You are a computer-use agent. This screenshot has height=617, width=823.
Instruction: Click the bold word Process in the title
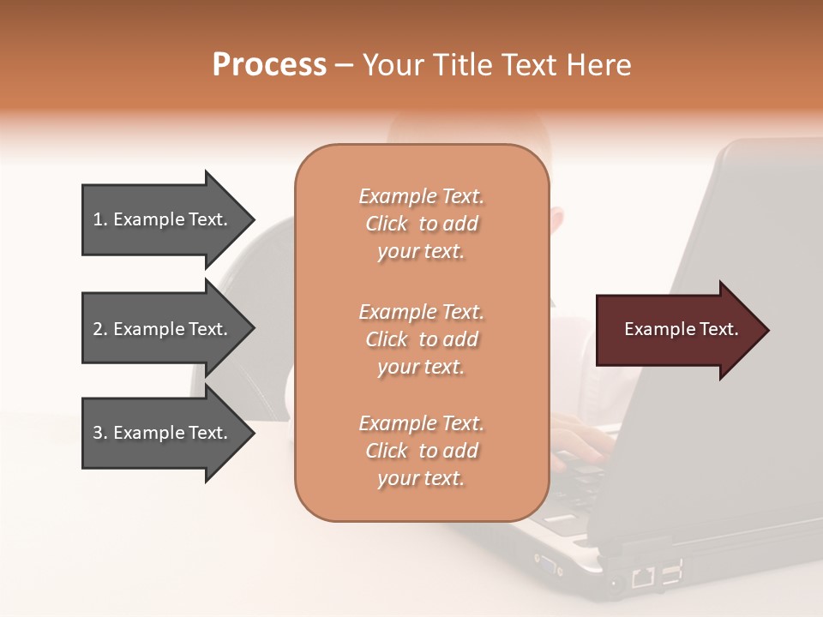(x=269, y=65)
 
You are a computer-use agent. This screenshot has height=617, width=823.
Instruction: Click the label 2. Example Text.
(x=160, y=329)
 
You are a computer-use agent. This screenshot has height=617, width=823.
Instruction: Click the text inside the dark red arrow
(x=681, y=329)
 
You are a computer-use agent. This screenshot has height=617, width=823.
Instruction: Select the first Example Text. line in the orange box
(x=421, y=196)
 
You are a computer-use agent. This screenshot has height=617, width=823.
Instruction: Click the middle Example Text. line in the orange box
(x=421, y=312)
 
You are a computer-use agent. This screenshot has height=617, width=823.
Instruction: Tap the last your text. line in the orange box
(x=421, y=478)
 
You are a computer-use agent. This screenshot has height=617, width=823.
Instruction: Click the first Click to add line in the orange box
(x=421, y=224)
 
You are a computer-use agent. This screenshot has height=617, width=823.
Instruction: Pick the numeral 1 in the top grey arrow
(x=97, y=219)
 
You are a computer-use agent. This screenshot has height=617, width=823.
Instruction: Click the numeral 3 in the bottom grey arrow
(x=97, y=433)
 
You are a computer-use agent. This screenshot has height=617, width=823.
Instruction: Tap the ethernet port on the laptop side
(x=642, y=576)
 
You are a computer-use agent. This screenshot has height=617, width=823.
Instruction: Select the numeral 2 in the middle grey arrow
(x=98, y=329)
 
